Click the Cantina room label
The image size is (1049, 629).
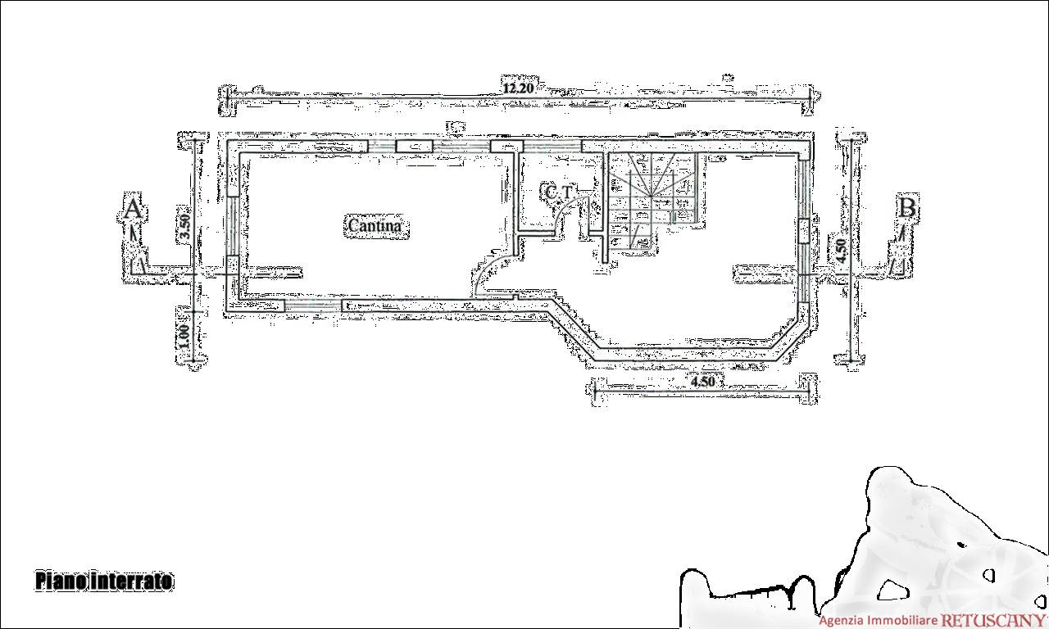coord(375,225)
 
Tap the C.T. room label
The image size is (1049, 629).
coord(559,192)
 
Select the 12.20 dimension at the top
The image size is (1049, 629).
coord(518,88)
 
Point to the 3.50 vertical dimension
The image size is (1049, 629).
coord(185,226)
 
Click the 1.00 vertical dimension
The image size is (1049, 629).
coord(184,336)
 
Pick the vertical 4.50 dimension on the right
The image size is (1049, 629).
coord(841,251)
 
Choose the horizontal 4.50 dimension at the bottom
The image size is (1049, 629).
coord(703,382)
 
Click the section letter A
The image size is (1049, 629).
coord(133,209)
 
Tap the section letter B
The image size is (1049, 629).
coord(907,208)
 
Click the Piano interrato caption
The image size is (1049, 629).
coord(104,581)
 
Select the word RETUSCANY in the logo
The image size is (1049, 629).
coord(994,620)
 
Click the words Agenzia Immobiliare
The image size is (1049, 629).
coord(879,621)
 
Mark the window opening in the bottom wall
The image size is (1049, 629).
coord(313,306)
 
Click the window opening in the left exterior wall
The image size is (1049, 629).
coord(232,225)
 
